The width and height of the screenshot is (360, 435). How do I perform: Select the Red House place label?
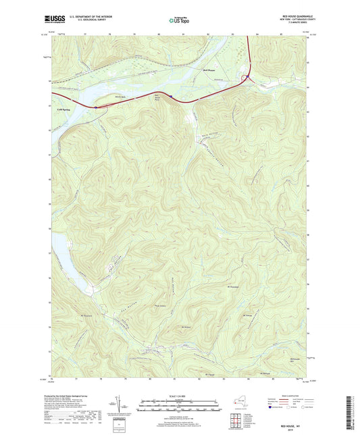[211, 68]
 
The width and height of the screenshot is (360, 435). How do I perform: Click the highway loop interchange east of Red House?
[247, 79]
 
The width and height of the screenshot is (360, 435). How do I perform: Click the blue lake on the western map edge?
[59, 242]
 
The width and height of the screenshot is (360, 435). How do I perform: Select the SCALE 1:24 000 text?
[179, 396]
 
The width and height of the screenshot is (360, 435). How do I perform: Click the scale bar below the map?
[179, 405]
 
